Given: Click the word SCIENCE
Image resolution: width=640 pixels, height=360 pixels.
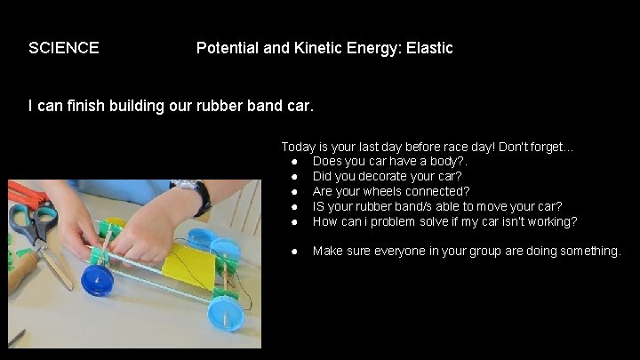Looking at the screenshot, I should [x=63, y=48].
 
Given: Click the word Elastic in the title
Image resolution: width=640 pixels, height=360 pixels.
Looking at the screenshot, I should [x=429, y=48].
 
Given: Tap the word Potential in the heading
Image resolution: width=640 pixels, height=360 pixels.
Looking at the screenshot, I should [x=227, y=48].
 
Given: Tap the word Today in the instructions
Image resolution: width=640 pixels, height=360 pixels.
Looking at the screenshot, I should [x=299, y=147].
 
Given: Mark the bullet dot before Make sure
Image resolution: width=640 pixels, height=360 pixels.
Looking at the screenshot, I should [x=293, y=252].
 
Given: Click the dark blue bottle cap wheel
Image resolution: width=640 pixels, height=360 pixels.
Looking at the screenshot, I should [x=96, y=281].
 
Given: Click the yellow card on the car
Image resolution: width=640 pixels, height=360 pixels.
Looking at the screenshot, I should [x=189, y=267].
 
